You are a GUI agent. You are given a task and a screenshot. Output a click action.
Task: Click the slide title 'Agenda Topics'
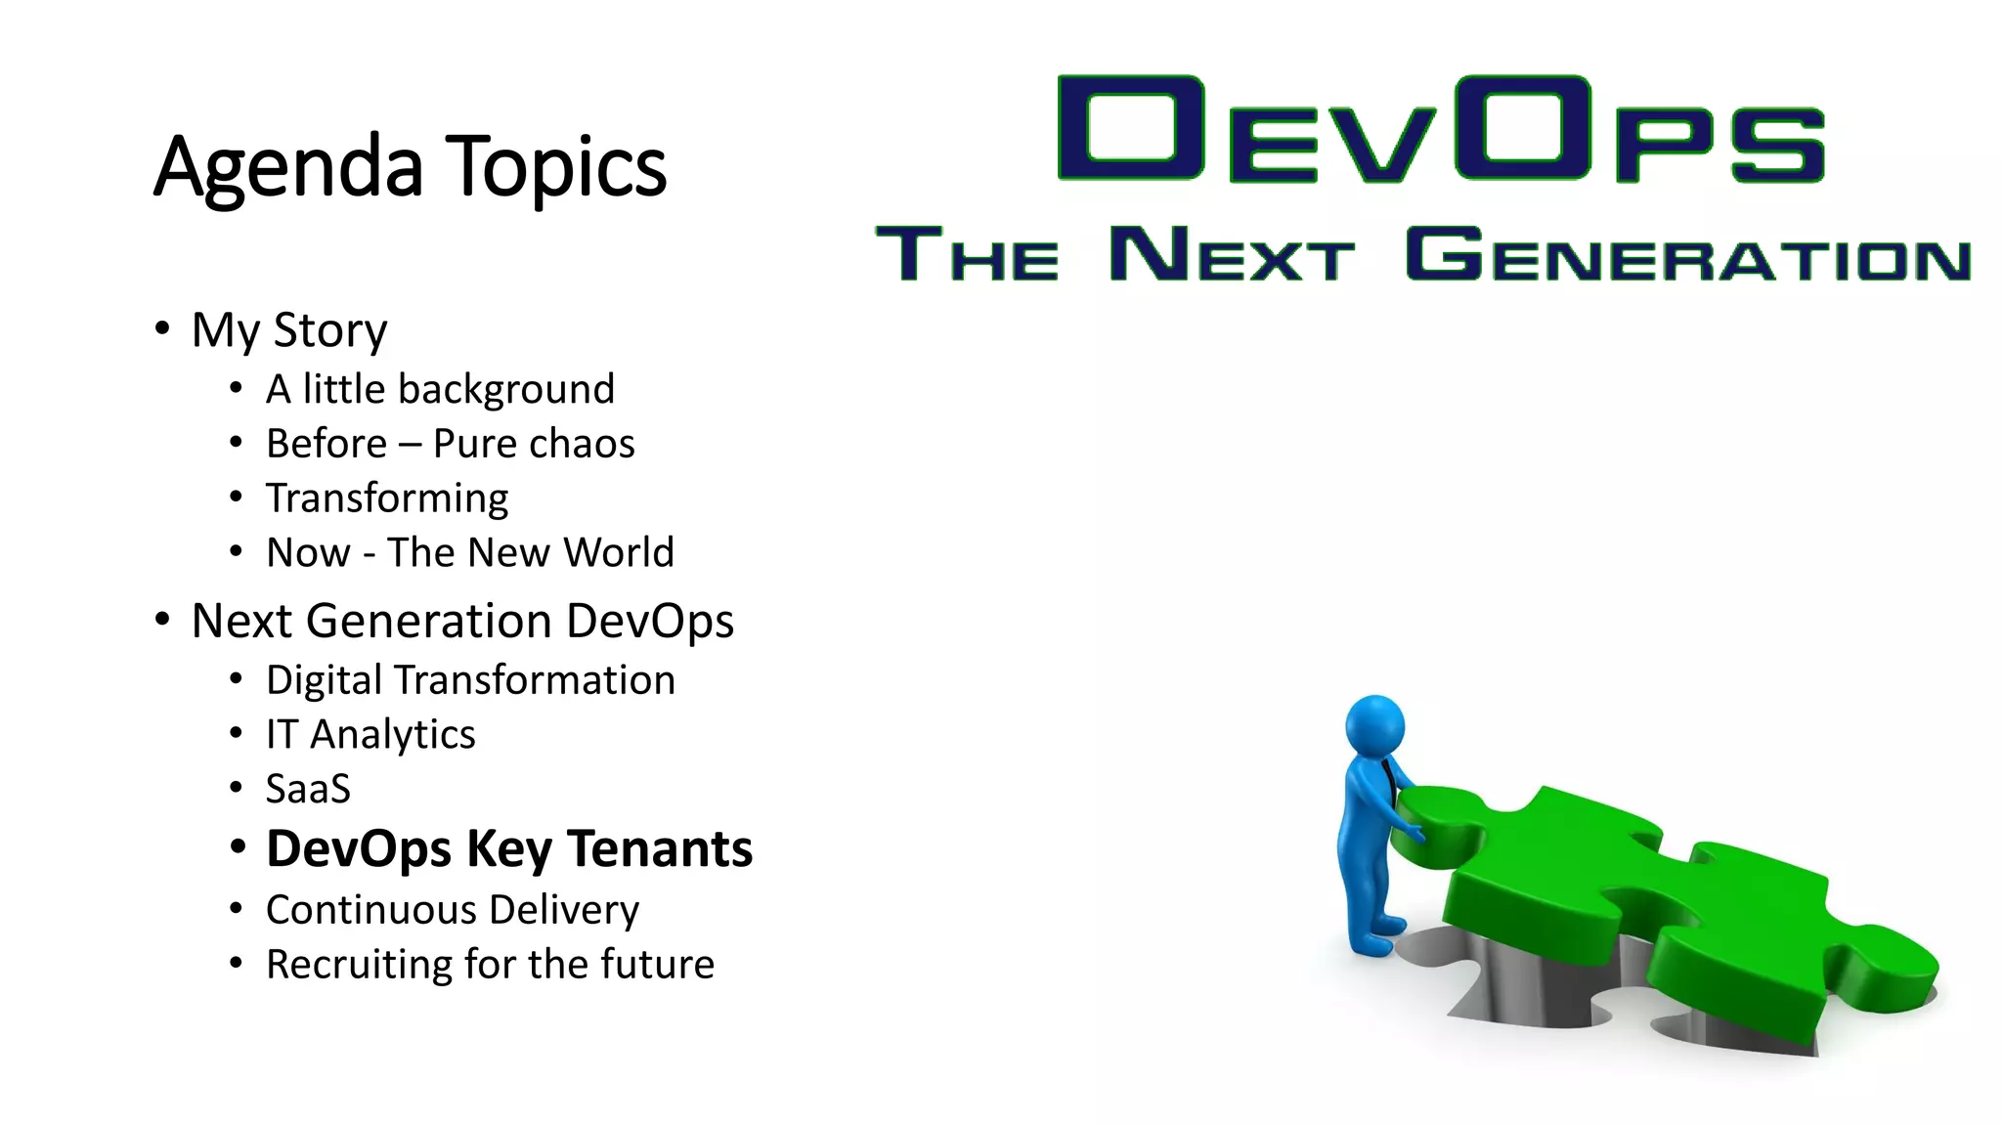click(410, 167)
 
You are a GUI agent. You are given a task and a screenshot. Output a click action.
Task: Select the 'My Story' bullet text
click(289, 330)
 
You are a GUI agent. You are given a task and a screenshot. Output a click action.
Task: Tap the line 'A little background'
click(440, 389)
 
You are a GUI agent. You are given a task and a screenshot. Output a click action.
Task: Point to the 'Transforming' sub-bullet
click(387, 498)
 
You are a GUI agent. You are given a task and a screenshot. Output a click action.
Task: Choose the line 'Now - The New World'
click(470, 552)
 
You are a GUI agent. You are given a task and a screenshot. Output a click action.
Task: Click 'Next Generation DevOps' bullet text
click(462, 621)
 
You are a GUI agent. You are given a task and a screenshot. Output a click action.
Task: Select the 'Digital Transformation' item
click(470, 680)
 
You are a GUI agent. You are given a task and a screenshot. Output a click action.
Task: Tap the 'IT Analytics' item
click(370, 734)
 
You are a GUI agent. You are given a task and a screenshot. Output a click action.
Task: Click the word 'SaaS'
click(308, 789)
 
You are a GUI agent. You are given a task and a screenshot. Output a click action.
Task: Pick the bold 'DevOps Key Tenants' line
click(509, 848)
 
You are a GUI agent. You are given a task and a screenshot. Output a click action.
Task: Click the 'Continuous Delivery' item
click(453, 910)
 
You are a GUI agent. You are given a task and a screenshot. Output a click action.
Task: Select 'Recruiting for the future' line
click(490, 965)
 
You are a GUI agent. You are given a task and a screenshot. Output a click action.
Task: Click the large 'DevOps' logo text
click(1441, 129)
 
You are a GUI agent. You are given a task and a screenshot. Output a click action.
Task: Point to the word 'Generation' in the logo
click(1688, 255)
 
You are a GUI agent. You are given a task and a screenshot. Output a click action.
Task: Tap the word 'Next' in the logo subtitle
click(1232, 255)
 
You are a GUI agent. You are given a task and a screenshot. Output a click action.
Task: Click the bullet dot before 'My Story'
click(162, 328)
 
